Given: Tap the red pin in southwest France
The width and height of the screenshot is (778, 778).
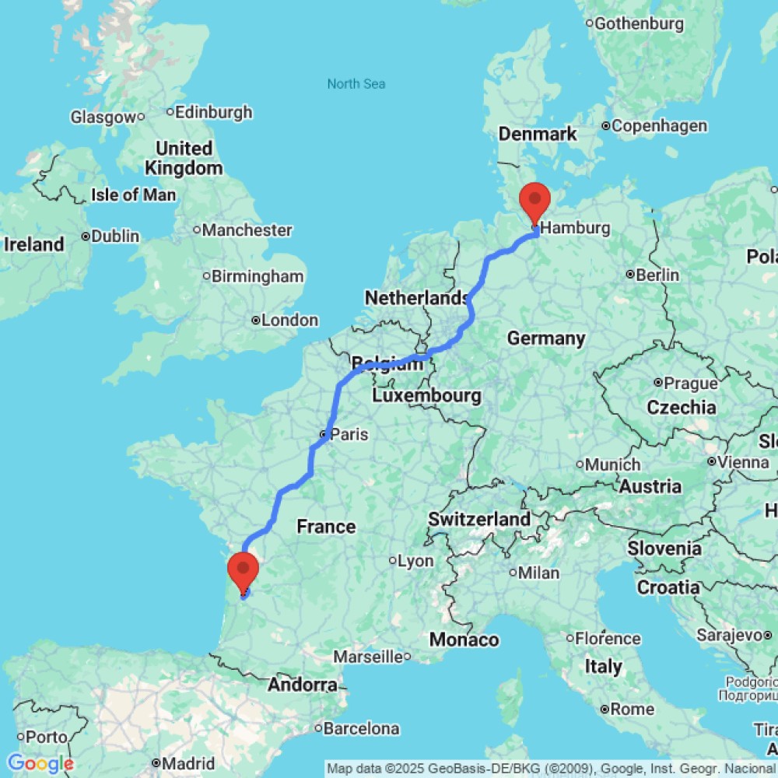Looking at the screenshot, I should tap(243, 570).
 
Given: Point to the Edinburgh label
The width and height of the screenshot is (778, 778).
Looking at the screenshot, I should tap(213, 112).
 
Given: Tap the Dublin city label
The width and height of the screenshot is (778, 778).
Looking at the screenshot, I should tap(115, 236).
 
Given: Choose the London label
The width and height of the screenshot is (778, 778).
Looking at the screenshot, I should tap(289, 321).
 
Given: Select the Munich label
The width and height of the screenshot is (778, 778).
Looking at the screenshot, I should tap(614, 464).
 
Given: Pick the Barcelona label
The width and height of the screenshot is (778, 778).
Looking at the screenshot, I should tap(361, 729).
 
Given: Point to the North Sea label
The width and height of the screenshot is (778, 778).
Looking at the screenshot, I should tap(356, 84).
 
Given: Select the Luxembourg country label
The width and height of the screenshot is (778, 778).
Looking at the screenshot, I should tap(426, 396).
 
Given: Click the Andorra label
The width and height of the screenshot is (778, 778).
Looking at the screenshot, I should tap(303, 685).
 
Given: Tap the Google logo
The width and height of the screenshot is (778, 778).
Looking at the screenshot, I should tap(40, 764).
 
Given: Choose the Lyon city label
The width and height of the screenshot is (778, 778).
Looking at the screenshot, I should tap(415, 560).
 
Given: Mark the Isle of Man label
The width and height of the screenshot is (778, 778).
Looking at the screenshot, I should tap(133, 194).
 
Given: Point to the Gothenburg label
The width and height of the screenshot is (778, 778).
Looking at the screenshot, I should tap(639, 23).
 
